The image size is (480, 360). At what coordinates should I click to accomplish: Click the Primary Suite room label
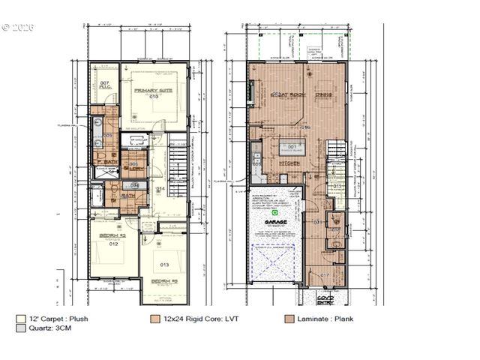tap(153, 90)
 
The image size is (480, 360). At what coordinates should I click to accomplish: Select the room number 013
tap(164, 264)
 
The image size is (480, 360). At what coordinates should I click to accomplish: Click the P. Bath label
tap(104, 162)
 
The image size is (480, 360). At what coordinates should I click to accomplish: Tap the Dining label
tap(323, 94)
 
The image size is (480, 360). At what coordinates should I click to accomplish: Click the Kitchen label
tap(289, 163)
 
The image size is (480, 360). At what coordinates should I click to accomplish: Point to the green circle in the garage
tap(274, 213)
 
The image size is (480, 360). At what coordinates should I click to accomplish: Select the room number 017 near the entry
tap(325, 275)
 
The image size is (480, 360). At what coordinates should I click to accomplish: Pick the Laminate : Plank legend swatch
tap(289, 318)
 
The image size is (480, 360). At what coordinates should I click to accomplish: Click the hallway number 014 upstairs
tap(160, 190)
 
